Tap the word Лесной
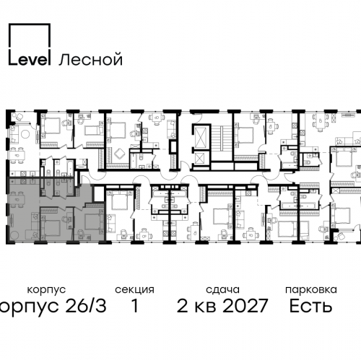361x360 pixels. click(x=91, y=59)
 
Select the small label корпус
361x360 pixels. click(x=46, y=289)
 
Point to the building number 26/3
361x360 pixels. click(x=86, y=305)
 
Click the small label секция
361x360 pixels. click(x=134, y=289)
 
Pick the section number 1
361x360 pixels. click(x=135, y=306)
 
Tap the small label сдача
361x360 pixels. click(x=222, y=289)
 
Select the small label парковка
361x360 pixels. click(x=311, y=289)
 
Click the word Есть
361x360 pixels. click(x=310, y=305)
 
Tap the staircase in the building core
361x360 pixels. click(x=222, y=139)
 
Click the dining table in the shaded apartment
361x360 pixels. click(x=17, y=199)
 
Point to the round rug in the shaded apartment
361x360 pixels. click(x=14, y=234)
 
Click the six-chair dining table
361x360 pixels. click(x=320, y=122)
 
